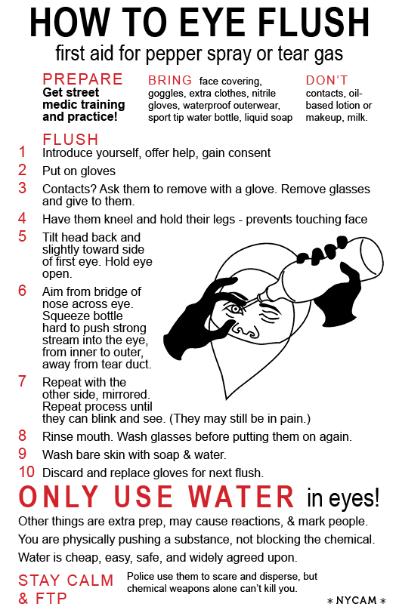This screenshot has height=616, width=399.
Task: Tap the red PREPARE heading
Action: [x=82, y=79]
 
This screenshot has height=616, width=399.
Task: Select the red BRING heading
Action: [x=170, y=80]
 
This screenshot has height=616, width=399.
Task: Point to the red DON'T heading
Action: [x=326, y=80]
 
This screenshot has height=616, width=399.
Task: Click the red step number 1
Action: [x=23, y=152]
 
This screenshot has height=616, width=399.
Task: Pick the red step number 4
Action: [x=22, y=218]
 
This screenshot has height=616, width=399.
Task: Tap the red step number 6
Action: [x=22, y=291]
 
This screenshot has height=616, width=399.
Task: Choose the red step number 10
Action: [x=26, y=472]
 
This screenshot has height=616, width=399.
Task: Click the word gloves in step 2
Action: [x=99, y=171]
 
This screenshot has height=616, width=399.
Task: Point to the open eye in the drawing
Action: [x=235, y=309]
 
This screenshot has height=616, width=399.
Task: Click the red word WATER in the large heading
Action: [x=241, y=496]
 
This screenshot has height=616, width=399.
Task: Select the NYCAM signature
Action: [x=356, y=600]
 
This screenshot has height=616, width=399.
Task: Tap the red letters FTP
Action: [x=51, y=599]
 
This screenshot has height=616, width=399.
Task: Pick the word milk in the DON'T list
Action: [x=357, y=118]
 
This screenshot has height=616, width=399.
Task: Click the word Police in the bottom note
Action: [x=141, y=576]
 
